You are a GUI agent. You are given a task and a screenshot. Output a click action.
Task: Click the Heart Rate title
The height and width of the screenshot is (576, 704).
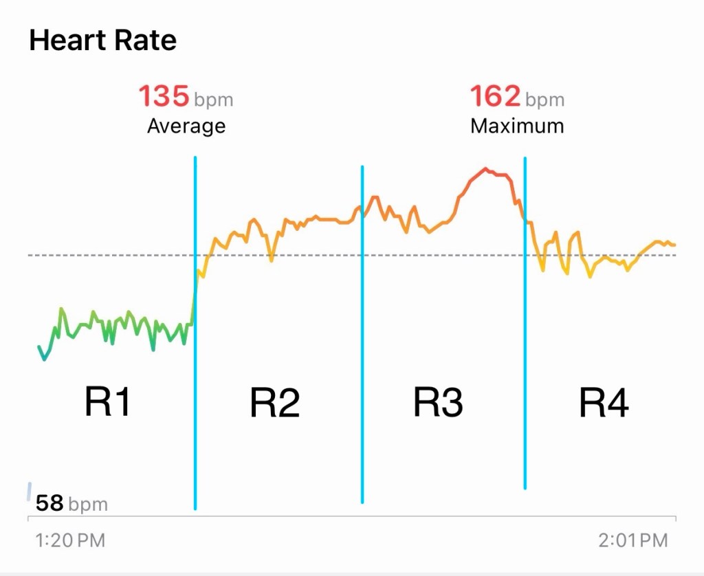[103, 41]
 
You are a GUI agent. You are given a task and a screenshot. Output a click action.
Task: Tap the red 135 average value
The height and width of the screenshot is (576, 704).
[164, 97]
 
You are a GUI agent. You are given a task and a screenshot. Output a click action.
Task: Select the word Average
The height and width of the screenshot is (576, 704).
[186, 126]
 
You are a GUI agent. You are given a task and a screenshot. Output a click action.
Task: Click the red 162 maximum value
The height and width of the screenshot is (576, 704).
[495, 97]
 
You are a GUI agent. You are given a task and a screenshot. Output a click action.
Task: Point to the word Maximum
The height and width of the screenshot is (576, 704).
[517, 126]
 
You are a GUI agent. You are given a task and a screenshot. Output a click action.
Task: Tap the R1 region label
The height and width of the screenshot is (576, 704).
[107, 401]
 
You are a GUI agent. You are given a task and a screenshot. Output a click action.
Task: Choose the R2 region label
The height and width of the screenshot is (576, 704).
[274, 403]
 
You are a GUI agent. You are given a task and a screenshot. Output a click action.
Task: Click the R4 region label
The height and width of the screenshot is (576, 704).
[604, 403]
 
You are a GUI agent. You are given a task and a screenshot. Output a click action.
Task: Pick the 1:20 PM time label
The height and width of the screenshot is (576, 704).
[70, 540]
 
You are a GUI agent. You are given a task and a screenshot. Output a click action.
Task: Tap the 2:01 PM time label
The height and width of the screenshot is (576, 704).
[632, 540]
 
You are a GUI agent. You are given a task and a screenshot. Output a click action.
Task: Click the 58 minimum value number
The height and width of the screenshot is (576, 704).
[49, 504]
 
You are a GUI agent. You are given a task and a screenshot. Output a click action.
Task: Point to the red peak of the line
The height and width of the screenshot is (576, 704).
[486, 168]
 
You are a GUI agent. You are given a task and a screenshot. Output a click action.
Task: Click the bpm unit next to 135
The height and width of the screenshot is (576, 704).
[213, 100]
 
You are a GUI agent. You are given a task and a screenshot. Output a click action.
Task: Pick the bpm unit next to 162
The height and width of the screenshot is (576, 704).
[544, 100]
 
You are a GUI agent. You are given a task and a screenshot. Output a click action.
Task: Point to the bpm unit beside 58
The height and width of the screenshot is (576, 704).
[88, 505]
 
